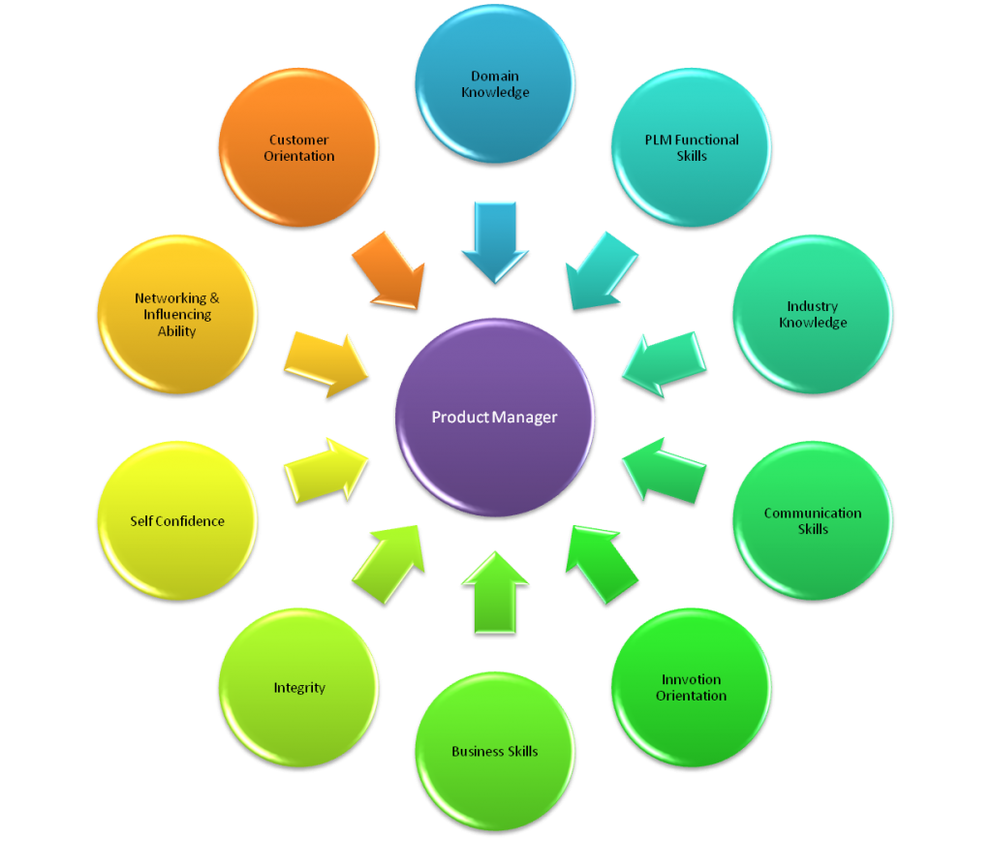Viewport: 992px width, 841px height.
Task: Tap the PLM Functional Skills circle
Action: pos(692,147)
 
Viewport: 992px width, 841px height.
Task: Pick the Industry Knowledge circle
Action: pos(813,314)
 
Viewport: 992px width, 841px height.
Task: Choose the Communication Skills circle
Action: pos(813,521)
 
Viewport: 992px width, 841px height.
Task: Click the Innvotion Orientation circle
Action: pos(692,688)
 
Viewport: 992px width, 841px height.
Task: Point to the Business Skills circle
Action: pos(494,751)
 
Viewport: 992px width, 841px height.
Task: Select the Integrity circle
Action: pos(298,688)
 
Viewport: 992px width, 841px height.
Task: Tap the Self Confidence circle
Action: pos(177,521)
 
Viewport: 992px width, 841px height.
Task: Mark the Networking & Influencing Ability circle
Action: pos(177,314)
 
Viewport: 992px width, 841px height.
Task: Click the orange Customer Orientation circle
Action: pos(298,147)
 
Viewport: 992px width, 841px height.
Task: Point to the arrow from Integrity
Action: pos(387,561)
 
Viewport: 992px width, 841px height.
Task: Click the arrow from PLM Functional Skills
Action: pos(602,269)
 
